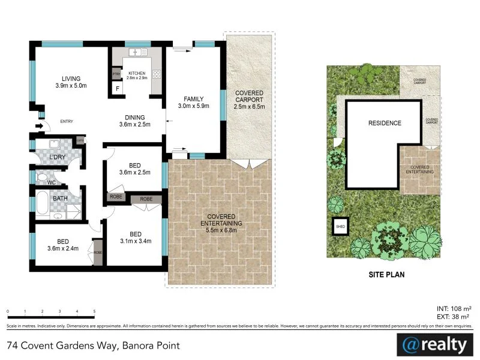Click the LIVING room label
coord(75,79)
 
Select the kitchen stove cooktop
coord(157,75)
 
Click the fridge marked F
coord(118,88)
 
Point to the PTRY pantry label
coord(116,74)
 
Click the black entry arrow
coord(40,126)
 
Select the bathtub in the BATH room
coord(43,202)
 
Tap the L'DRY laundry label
coord(58,157)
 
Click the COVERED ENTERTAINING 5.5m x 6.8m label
coord(225,223)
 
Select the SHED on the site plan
coord(340,226)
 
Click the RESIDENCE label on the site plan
coord(385,123)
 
